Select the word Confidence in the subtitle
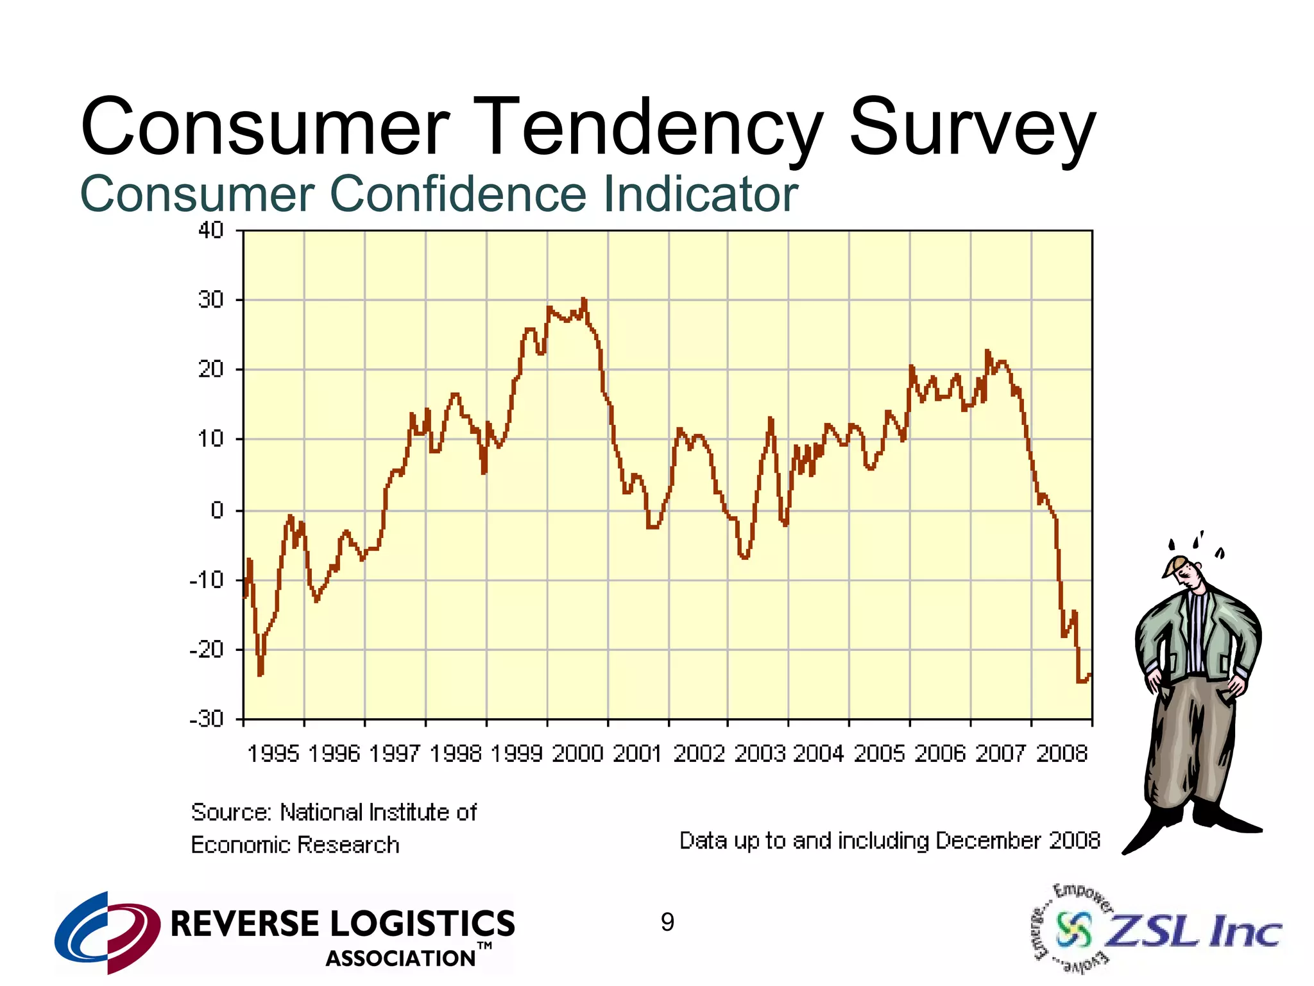(x=457, y=194)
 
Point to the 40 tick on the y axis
(x=210, y=230)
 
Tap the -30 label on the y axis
(x=206, y=718)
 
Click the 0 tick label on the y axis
(x=217, y=510)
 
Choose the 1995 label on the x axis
(x=273, y=753)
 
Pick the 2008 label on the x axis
(x=1062, y=753)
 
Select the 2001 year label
(x=637, y=753)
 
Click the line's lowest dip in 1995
(x=260, y=674)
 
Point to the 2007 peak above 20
(x=987, y=352)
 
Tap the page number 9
(x=667, y=922)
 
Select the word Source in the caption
(x=231, y=813)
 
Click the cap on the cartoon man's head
(x=1177, y=565)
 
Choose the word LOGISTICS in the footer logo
(x=423, y=924)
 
